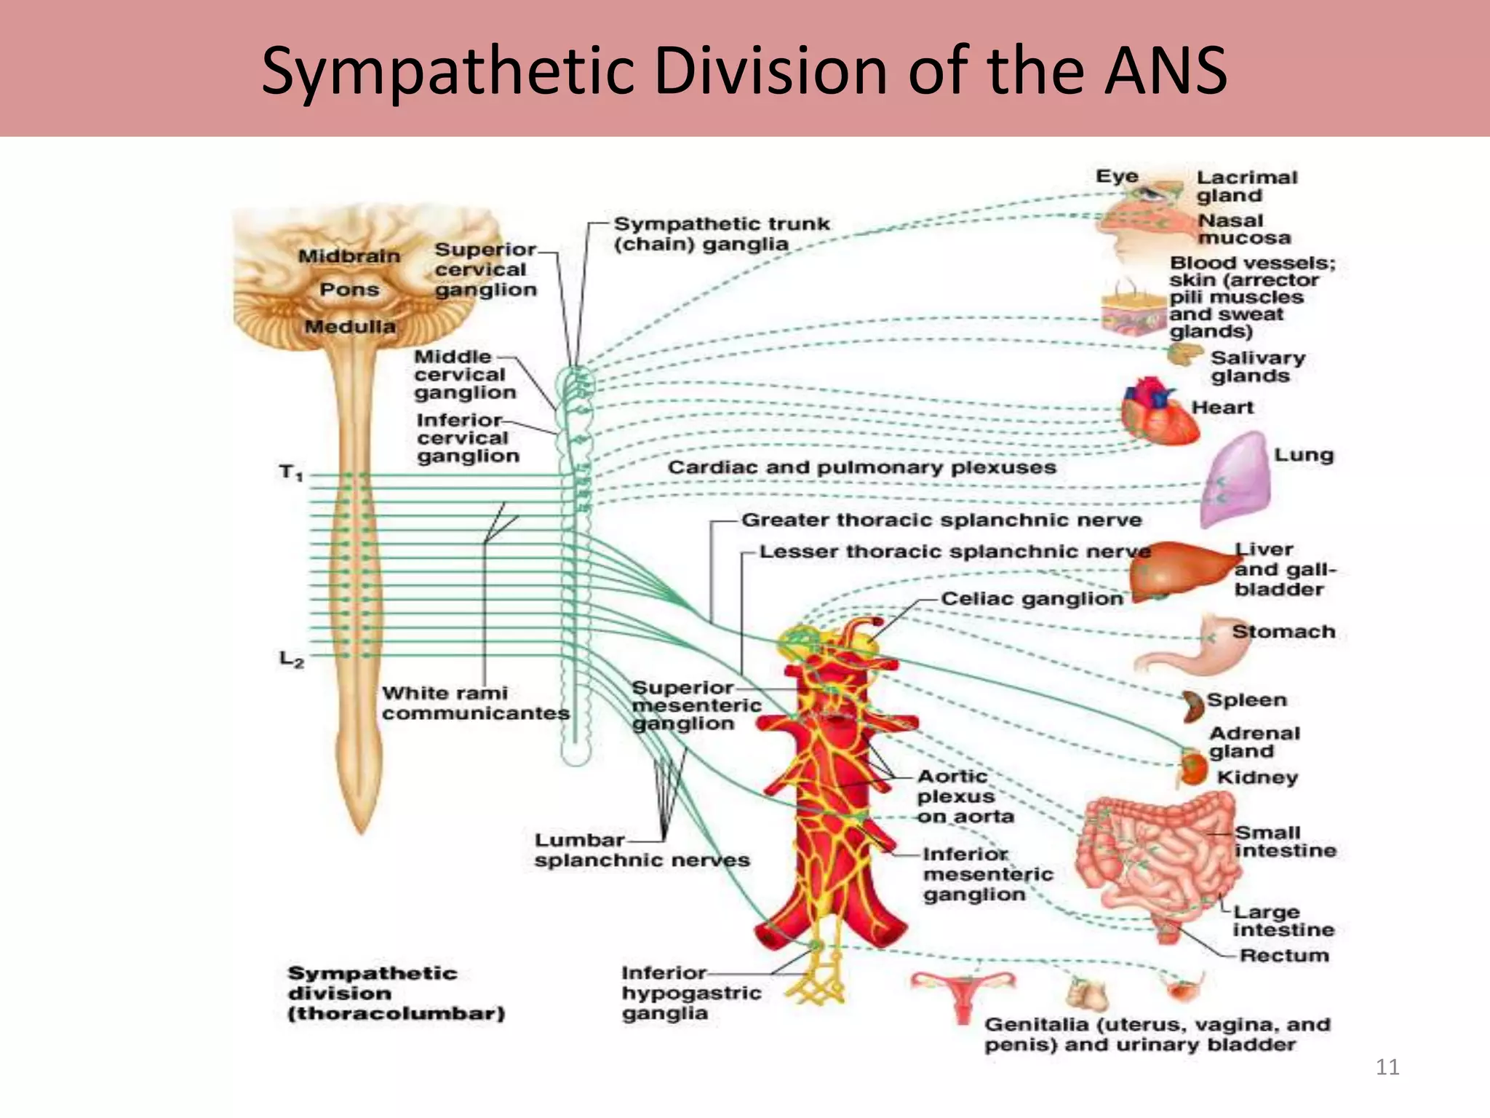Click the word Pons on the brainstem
349,290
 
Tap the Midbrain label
349,256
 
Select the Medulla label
350,326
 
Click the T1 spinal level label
290,473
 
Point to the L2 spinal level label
291,659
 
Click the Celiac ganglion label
1032,599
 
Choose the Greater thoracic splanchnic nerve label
941,520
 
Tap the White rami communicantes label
475,703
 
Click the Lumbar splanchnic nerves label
641,850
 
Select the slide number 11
1387,1067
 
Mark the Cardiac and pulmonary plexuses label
861,467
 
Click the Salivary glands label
1257,367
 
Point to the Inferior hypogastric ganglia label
690,993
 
